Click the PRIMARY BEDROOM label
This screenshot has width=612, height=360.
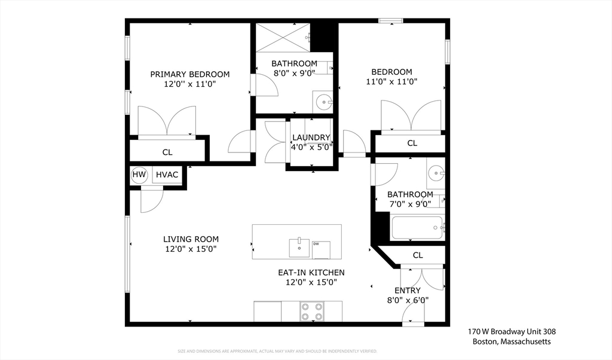pyautogui.click(x=189, y=74)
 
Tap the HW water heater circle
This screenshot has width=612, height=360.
pyautogui.click(x=139, y=175)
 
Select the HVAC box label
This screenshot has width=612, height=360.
pyautogui.click(x=167, y=175)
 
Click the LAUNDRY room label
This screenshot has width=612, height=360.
pyautogui.click(x=311, y=138)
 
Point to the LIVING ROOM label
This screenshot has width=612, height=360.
pyautogui.click(x=191, y=239)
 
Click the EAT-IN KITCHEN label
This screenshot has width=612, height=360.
pyautogui.click(x=311, y=272)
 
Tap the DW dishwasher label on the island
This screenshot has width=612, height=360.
pyautogui.click(x=316, y=244)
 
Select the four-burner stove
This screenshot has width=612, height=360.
pyautogui.click(x=311, y=311)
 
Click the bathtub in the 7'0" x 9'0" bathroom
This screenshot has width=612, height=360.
pyautogui.click(x=417, y=227)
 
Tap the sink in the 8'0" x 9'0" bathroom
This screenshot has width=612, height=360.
pyautogui.click(x=323, y=102)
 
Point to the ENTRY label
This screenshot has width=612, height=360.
pyautogui.click(x=408, y=291)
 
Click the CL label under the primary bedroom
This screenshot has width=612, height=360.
pyautogui.click(x=167, y=152)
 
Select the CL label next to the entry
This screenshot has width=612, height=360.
pyautogui.click(x=418, y=255)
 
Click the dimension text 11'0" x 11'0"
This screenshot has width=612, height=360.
pyautogui.click(x=391, y=82)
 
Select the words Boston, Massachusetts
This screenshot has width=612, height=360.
pyautogui.click(x=511, y=341)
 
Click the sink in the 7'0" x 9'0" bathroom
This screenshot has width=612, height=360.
pyautogui.click(x=435, y=174)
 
